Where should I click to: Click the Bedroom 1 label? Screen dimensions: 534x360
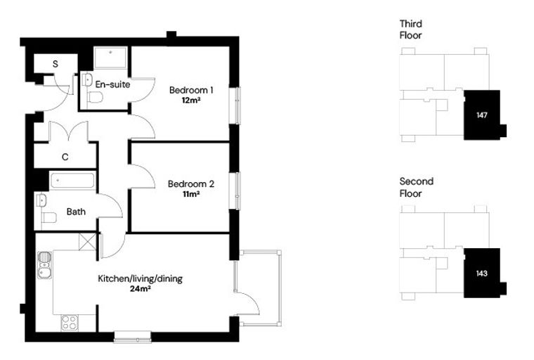(191, 90)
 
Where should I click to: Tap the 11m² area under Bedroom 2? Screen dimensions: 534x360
(191, 194)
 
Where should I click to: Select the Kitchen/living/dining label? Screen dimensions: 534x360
(141, 279)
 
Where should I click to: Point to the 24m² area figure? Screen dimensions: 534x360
(141, 289)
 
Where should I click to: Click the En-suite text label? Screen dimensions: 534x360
(112, 84)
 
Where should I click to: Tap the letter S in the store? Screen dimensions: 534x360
(56, 64)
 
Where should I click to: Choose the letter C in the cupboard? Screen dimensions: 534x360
(65, 157)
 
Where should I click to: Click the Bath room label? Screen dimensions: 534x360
(76, 212)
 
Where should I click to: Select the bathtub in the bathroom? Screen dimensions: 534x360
(72, 181)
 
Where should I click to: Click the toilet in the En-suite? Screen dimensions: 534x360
(95, 98)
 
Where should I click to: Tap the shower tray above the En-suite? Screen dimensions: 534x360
(111, 58)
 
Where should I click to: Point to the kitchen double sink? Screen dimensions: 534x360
(44, 265)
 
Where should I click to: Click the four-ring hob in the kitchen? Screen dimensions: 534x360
(70, 323)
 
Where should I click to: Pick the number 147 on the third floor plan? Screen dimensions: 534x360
(482, 115)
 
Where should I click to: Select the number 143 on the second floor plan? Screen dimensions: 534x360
(482, 274)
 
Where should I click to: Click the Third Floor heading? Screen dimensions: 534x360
(411, 30)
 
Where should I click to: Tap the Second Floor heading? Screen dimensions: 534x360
(416, 188)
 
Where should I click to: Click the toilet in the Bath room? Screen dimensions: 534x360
(49, 217)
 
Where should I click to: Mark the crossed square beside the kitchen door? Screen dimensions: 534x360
(88, 242)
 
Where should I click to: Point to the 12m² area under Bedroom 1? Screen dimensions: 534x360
(191, 101)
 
